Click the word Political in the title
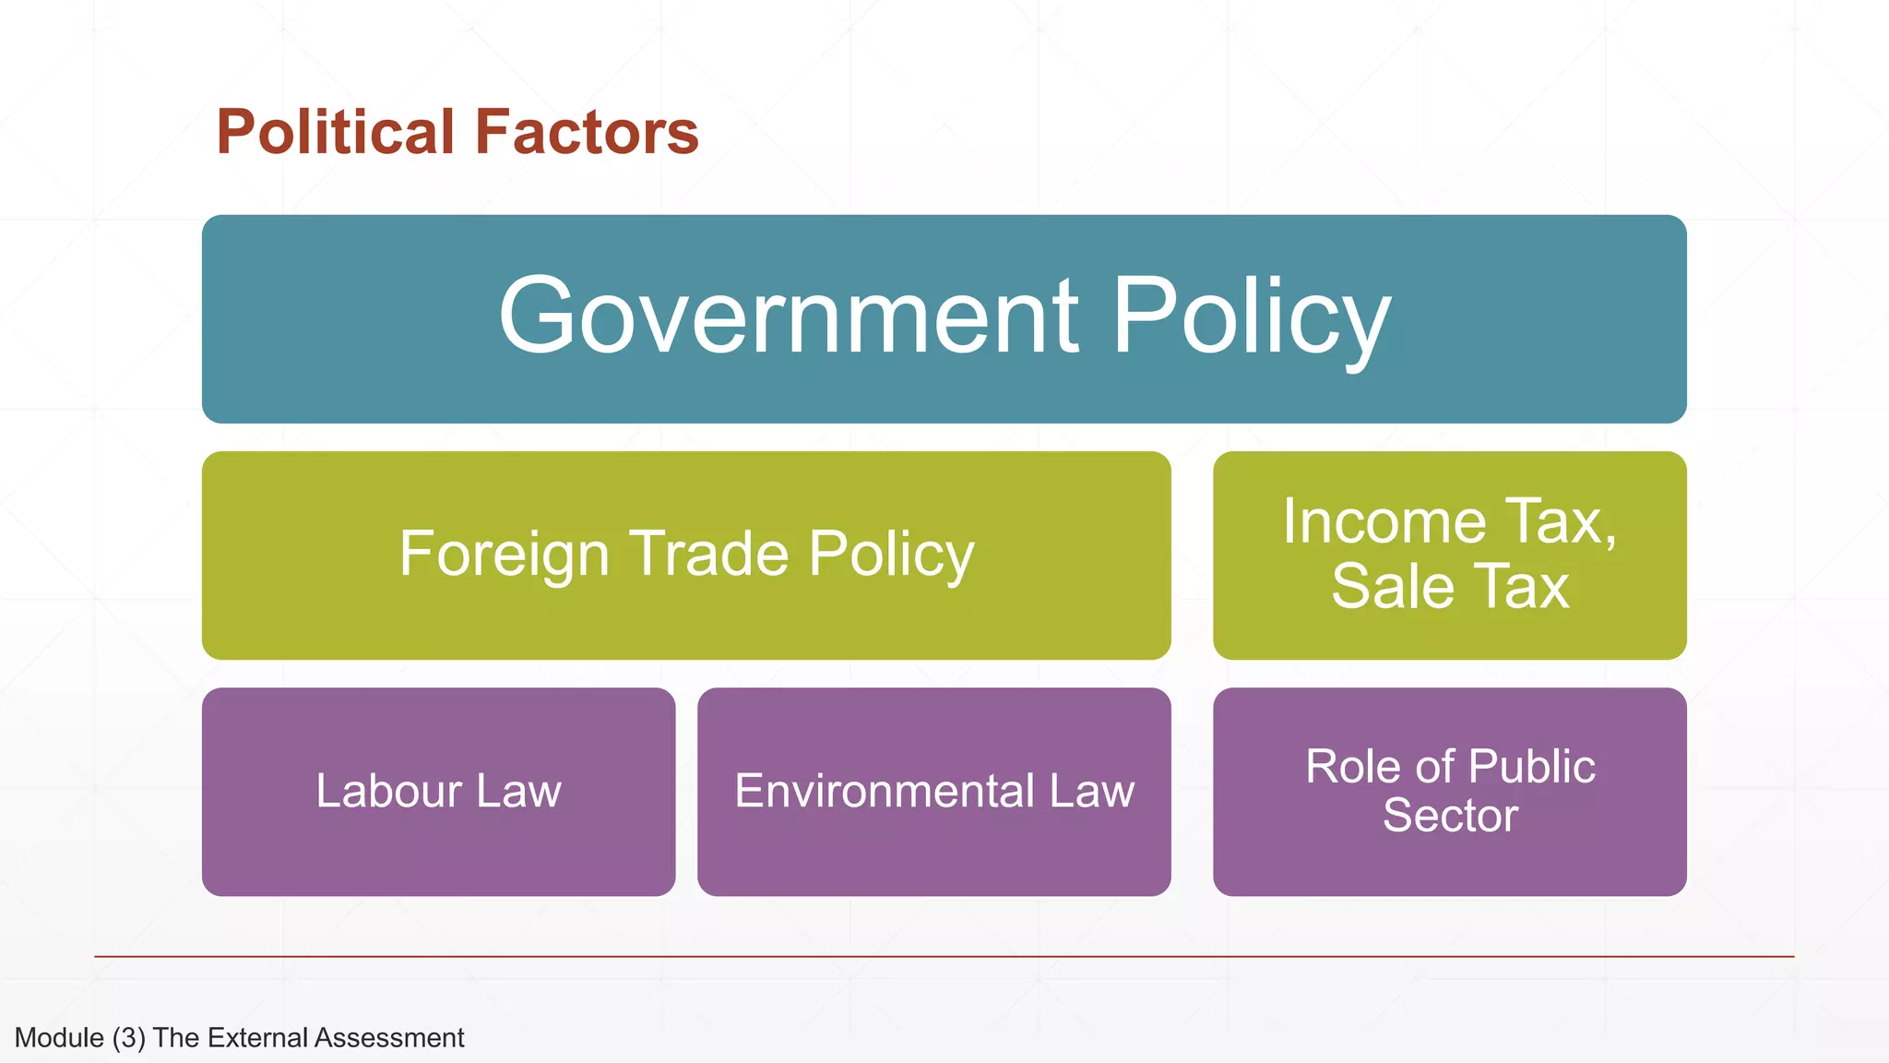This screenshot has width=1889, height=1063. [336, 132]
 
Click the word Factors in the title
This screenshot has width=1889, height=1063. [587, 132]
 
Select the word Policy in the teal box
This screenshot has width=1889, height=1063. [1252, 317]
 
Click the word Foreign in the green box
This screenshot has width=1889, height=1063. [504, 554]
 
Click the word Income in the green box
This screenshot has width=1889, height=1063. [1384, 521]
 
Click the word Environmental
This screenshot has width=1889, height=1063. [885, 791]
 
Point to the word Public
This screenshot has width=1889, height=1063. [1531, 767]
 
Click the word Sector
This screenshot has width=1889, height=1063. [1450, 816]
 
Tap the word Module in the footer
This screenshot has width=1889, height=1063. [59, 1038]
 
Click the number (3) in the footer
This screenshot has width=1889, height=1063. [129, 1038]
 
